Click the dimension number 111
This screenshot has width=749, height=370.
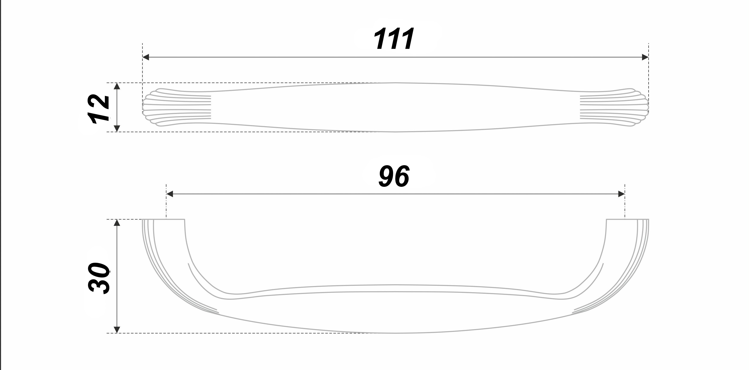point(394,39)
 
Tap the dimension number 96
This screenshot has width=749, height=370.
point(394,176)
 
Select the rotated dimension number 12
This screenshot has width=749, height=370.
point(99,108)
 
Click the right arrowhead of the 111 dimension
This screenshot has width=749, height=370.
point(645,57)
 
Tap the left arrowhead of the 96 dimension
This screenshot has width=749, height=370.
point(169,194)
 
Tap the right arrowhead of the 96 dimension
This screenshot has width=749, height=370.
point(621,194)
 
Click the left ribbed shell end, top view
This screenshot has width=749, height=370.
point(174,107)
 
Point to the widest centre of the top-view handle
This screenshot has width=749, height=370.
point(395,107)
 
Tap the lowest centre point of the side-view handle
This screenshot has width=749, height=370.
point(395,333)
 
